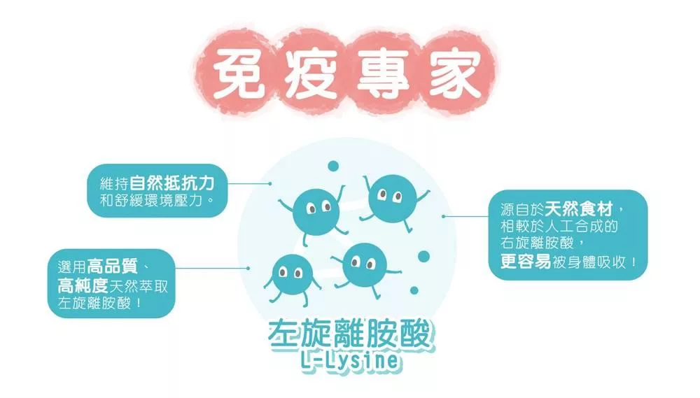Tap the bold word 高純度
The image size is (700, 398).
click(83, 285)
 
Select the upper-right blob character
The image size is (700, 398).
click(392, 196)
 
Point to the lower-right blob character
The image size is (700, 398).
click(365, 264)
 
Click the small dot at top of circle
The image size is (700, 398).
click(333, 166)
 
